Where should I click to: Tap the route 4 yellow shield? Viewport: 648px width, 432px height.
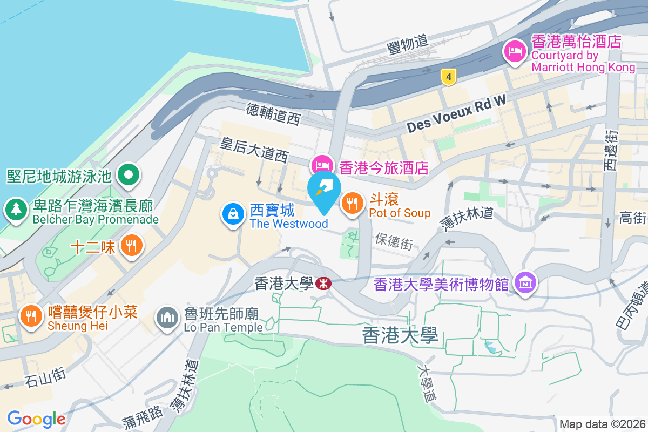(x=448, y=77)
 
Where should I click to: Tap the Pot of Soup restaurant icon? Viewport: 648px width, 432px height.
(x=352, y=204)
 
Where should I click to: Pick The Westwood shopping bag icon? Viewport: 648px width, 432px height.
(x=233, y=214)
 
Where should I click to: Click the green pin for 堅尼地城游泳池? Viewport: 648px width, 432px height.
(x=129, y=174)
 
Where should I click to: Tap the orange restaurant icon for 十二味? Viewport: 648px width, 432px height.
(x=131, y=246)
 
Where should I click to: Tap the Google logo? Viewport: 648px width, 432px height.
(x=36, y=418)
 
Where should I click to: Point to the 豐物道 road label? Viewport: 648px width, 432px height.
(x=408, y=43)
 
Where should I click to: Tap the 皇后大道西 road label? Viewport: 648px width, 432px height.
(x=254, y=150)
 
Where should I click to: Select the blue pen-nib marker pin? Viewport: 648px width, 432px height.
(x=324, y=190)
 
